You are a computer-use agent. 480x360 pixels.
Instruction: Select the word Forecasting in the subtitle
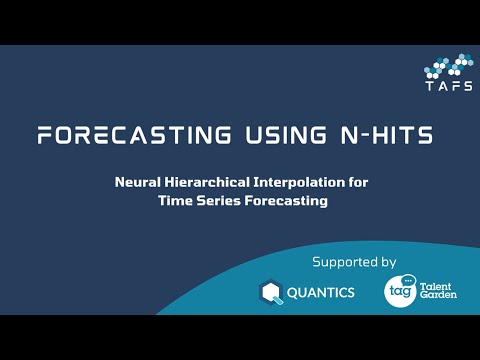point(287,201)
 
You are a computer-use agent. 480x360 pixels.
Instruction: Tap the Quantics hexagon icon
point(271,292)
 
